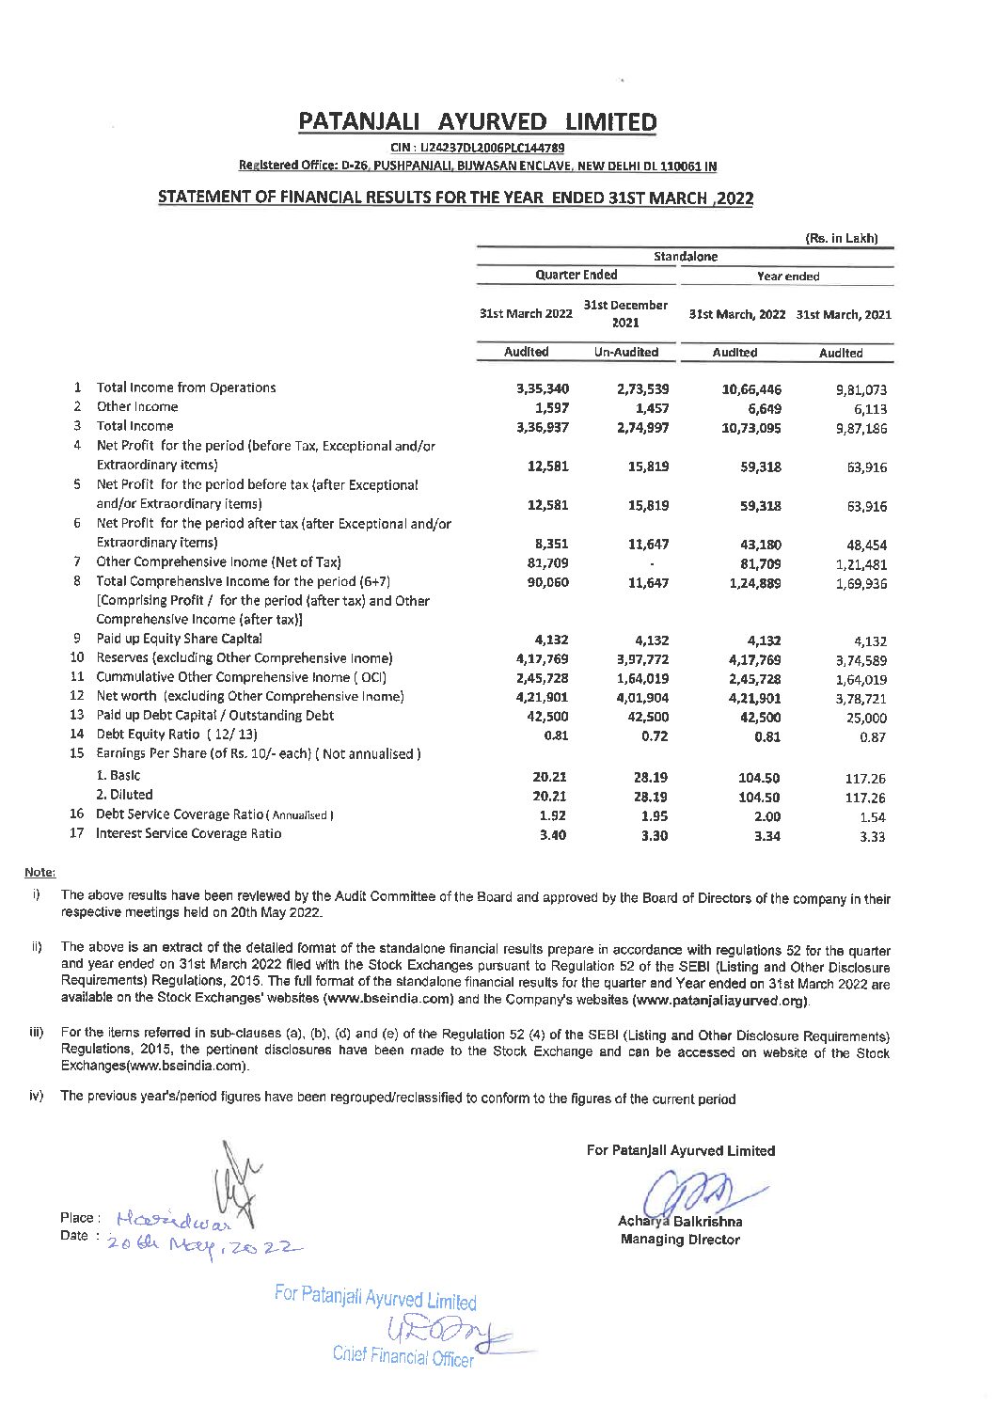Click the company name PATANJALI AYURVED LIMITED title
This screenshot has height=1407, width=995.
[477, 121]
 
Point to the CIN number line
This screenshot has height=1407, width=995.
[477, 148]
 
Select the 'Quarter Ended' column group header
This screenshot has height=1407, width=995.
[576, 275]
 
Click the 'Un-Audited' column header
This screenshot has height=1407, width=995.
[625, 352]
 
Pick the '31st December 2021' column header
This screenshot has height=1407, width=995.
[625, 313]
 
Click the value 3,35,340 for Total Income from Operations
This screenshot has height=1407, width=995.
[543, 388]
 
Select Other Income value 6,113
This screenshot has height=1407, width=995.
[866, 409]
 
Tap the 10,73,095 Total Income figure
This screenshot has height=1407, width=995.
[751, 427]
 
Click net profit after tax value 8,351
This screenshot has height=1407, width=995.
[549, 544]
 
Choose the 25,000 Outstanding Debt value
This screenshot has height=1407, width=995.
[866, 718]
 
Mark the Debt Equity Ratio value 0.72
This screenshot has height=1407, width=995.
[654, 736]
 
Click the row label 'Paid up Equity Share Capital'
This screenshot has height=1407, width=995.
[179, 639]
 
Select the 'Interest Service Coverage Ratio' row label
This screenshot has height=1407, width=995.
[188, 833]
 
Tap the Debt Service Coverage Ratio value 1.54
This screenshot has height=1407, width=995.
[872, 817]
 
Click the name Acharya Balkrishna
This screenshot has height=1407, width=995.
[680, 1222]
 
